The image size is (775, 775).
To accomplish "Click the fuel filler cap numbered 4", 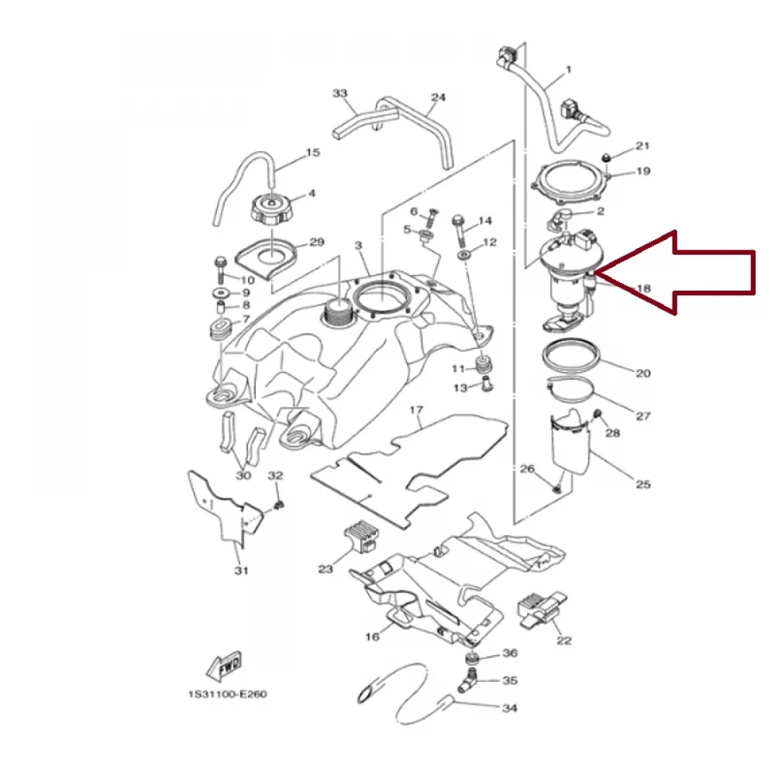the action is pos(272,211).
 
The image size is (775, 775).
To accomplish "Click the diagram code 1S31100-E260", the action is pos(227,694).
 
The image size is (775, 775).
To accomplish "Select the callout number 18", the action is pos(643,288).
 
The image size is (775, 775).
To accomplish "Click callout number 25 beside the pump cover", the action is pos(643,484).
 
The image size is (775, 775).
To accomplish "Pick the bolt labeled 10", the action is pos(220,270).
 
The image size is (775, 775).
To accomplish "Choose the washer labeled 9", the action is pos(220,293).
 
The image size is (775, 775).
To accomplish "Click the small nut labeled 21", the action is pos(607,157).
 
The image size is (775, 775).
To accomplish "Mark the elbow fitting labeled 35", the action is pos(467,681).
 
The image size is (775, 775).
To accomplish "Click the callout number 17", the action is pos(416,410).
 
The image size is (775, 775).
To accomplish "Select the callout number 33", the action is pos(340,94).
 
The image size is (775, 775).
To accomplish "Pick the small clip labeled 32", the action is pos(279,505).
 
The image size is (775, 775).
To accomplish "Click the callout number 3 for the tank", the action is pos(358,245).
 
